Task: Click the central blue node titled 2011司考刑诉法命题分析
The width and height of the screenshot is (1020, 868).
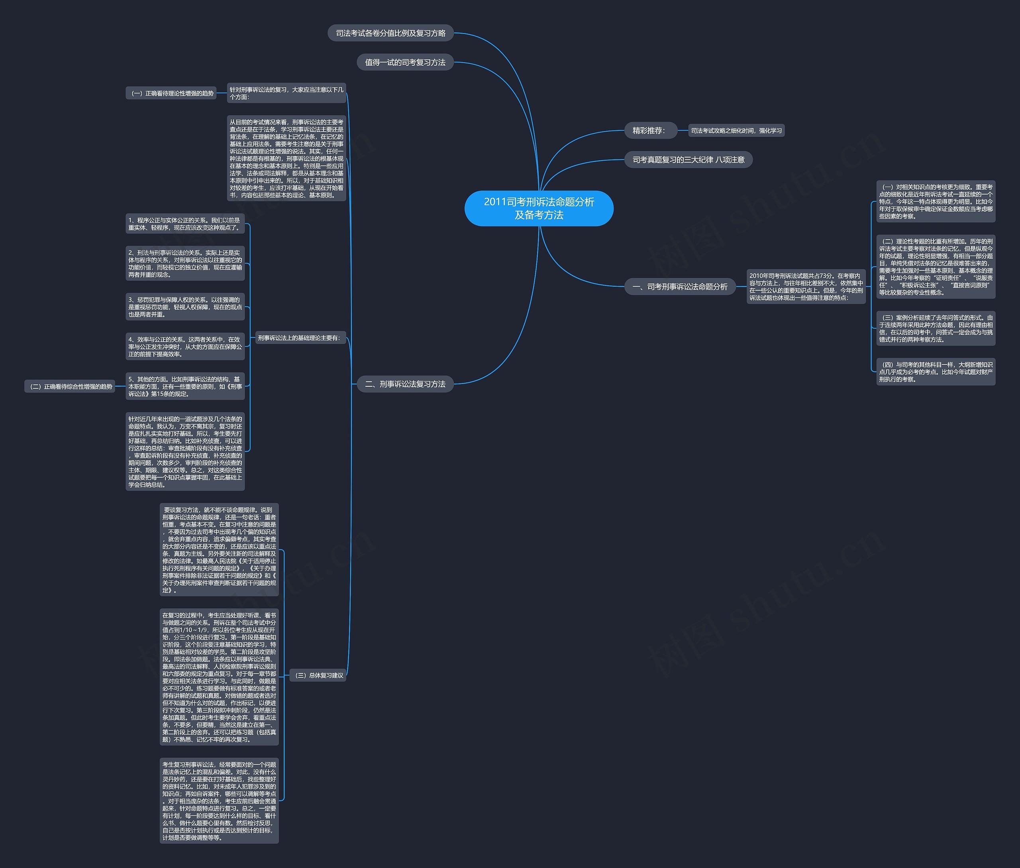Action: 539,208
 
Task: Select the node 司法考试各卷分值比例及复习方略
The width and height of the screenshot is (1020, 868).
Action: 390,33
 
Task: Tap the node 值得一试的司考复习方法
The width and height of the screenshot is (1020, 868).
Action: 405,62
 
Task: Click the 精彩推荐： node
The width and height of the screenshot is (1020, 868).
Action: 651,130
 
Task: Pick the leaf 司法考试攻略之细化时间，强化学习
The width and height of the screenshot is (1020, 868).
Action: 736,130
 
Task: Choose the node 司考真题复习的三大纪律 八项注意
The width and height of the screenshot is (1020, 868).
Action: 688,159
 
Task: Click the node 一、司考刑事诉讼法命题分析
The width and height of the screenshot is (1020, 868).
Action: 680,286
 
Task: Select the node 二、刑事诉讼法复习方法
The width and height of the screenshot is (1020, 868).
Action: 405,384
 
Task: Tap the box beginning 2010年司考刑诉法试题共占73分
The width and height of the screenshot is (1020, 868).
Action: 806,286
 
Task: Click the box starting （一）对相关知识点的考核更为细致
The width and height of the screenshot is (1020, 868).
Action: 936,201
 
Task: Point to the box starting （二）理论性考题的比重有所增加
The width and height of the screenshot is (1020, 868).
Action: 936,267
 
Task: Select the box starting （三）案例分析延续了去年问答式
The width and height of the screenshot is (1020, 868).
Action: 936,328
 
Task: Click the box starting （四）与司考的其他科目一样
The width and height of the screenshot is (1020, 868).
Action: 936,372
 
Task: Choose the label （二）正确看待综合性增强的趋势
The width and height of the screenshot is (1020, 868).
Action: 70,386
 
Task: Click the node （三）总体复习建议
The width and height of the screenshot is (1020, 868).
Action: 318,675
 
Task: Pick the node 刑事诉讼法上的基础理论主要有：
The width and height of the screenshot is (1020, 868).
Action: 300,338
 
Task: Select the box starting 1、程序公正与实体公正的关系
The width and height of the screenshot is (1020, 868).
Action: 185,223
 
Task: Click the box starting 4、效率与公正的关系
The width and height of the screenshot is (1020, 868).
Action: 185,346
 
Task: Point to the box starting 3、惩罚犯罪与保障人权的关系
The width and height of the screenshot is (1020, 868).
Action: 185,307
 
